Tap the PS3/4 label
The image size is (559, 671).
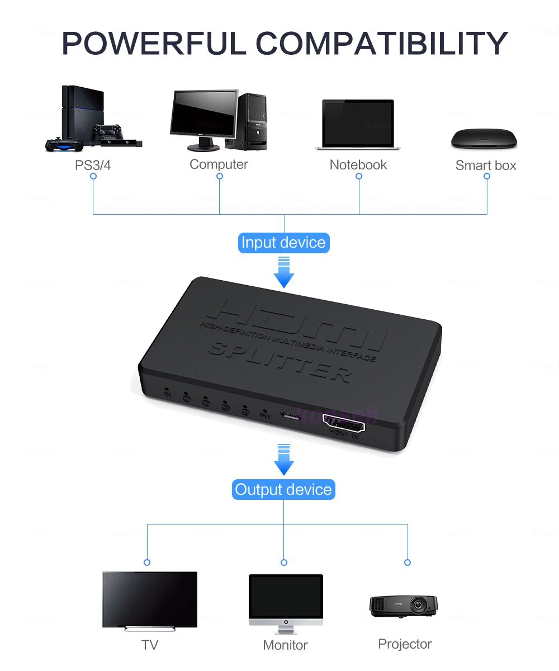(x=93, y=166)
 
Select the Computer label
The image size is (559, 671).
(x=219, y=164)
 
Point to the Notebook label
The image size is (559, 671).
(x=358, y=165)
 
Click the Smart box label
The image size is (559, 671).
(x=486, y=166)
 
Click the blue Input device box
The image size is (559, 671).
(x=283, y=243)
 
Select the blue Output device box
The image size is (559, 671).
(x=283, y=490)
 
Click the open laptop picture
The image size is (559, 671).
(x=358, y=125)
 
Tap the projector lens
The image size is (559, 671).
(x=418, y=604)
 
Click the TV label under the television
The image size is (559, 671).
(x=150, y=645)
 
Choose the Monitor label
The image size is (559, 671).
(x=285, y=645)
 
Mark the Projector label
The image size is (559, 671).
(x=405, y=644)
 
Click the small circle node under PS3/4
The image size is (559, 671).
(x=93, y=176)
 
